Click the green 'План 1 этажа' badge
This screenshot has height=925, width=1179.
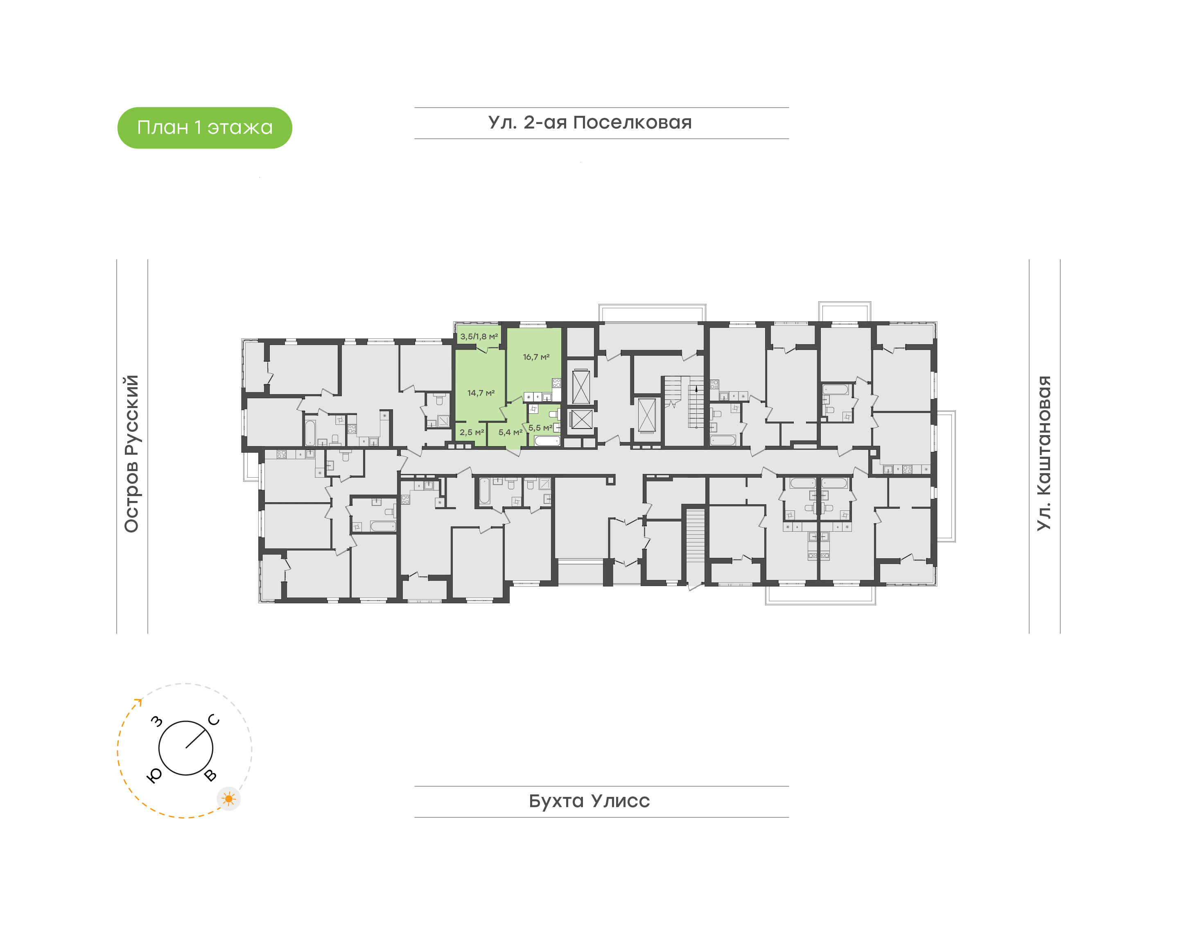click(205, 128)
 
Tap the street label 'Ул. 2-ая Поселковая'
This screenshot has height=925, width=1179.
click(590, 122)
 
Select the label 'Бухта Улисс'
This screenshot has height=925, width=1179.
click(589, 801)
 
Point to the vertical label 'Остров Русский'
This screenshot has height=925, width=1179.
click(131, 454)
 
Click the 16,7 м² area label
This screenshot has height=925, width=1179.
click(536, 357)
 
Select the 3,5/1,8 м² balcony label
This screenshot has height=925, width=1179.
click(479, 336)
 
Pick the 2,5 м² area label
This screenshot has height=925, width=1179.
click(472, 432)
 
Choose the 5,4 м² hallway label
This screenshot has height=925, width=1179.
click(510, 432)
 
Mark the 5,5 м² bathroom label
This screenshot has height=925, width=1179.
click(540, 428)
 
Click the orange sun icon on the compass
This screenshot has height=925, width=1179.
click(228, 799)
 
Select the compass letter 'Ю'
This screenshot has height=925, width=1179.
click(154, 776)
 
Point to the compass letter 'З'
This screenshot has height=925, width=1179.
click(156, 721)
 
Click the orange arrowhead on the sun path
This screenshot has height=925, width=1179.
click(139, 702)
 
